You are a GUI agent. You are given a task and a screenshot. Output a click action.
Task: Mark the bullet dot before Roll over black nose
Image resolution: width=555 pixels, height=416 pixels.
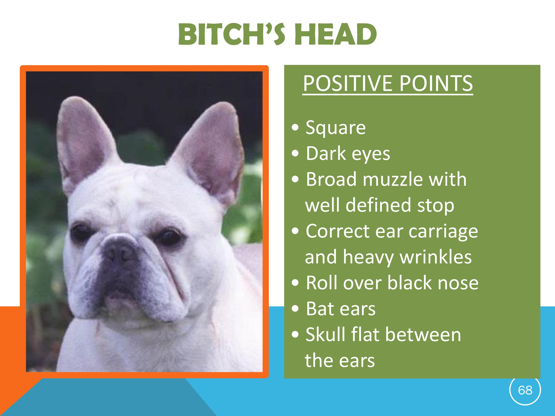pos(296,283)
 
